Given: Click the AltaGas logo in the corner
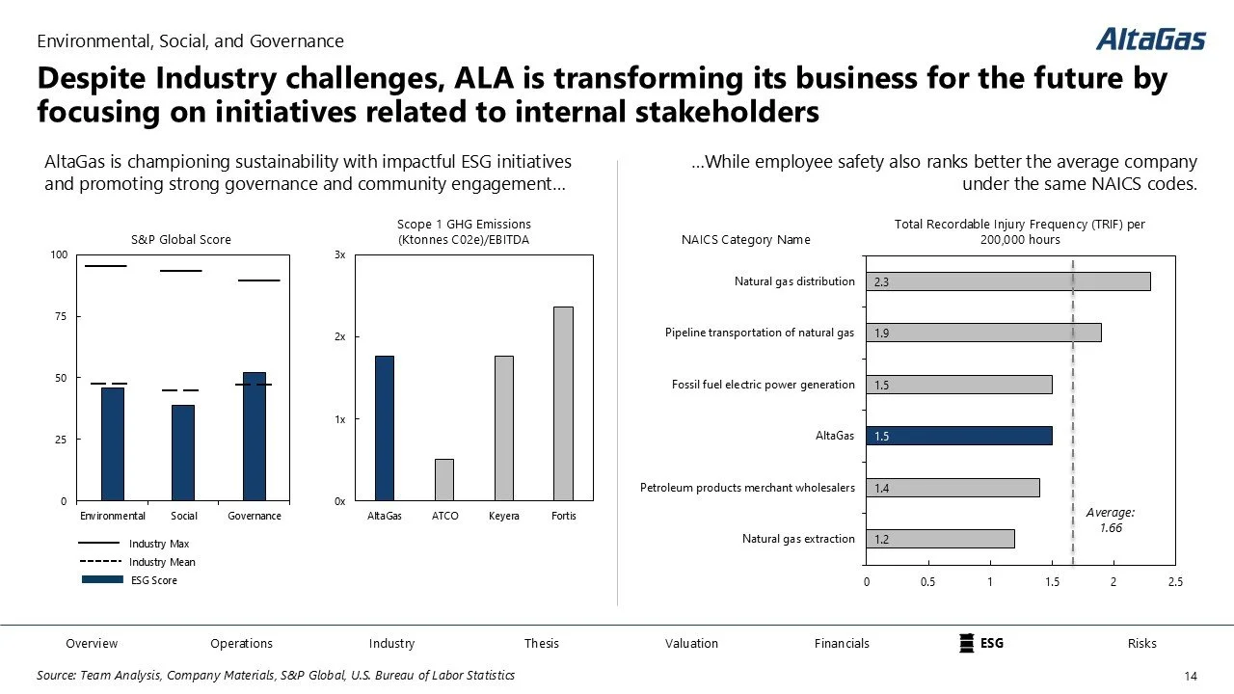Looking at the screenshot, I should point(1150,39).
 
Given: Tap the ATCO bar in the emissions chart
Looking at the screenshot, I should point(444,479).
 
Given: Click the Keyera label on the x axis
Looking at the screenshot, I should point(504,517).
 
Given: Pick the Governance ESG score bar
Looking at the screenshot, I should point(255,437).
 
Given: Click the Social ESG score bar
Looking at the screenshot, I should point(183,452).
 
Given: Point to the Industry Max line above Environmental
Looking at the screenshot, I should point(105,265).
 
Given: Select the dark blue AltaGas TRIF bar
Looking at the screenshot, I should point(958,436).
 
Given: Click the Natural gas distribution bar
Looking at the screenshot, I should point(1007,281).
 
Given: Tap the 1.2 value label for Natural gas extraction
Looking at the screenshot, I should point(882,540).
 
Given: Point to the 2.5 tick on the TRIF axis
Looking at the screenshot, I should point(1174,582).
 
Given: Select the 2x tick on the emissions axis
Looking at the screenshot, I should point(340,337).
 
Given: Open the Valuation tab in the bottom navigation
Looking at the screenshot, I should point(691,644).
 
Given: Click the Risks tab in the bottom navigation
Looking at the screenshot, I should point(1141,644).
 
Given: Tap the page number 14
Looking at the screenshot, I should point(1189,677).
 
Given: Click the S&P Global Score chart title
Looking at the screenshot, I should point(181,240).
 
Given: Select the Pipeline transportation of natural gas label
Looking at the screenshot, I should point(760,334).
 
